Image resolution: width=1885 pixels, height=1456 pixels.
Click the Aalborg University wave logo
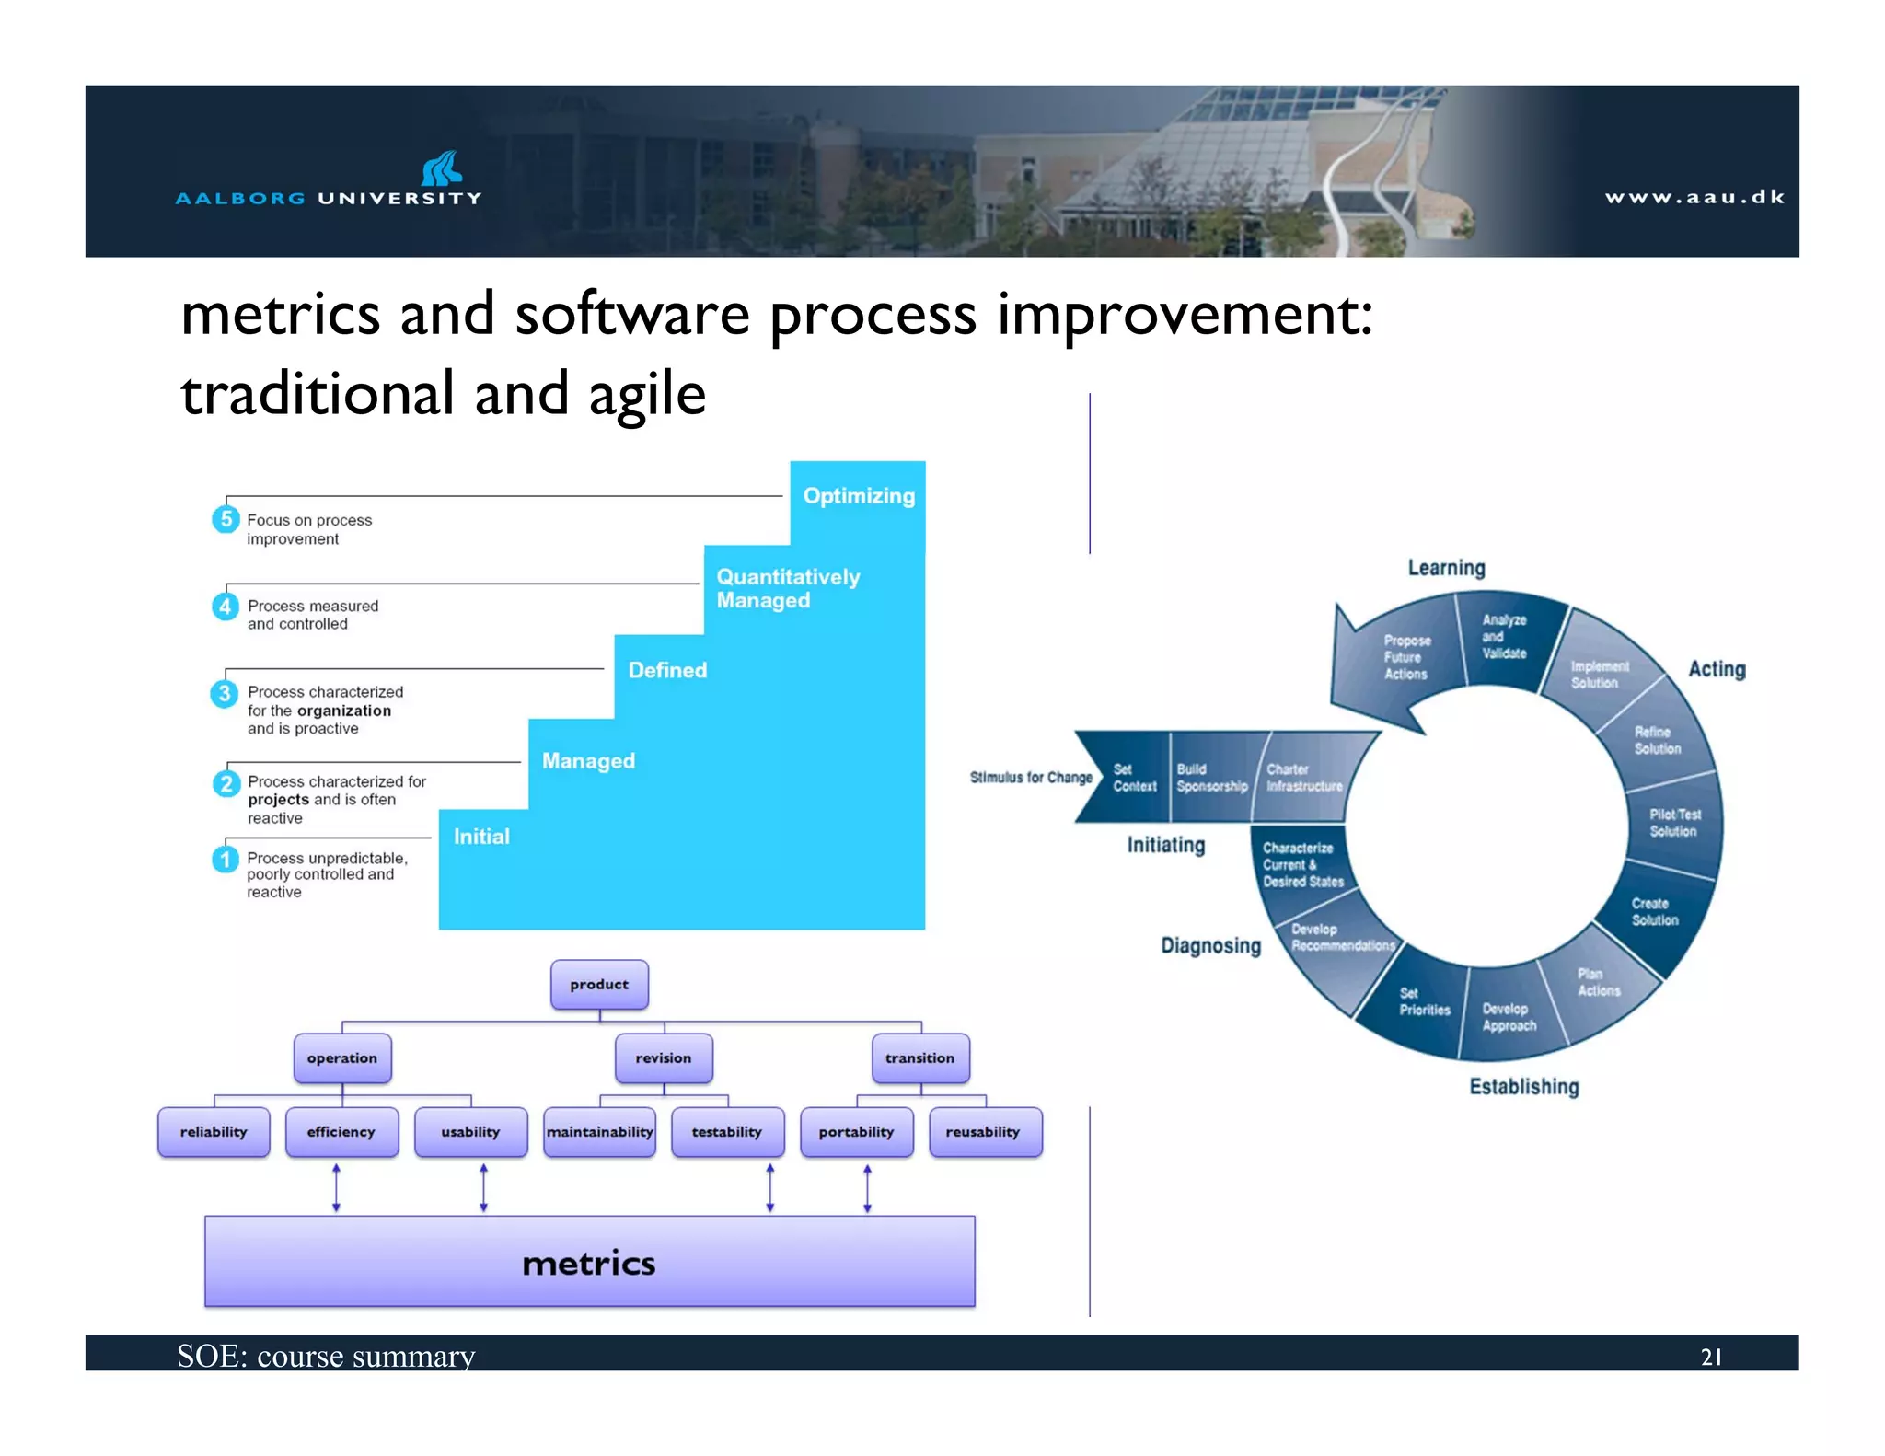[441, 168]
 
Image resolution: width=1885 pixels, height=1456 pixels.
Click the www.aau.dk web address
[1694, 197]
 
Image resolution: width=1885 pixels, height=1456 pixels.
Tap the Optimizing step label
[859, 496]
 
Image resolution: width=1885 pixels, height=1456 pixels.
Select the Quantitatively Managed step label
[788, 588]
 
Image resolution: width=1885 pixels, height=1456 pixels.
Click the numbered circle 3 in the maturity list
[225, 693]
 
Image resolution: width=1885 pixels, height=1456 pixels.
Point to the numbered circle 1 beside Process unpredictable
[225, 859]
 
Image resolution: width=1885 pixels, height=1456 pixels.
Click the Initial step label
[480, 837]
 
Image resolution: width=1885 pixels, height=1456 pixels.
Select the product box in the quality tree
[599, 985]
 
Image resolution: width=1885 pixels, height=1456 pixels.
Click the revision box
[663, 1058]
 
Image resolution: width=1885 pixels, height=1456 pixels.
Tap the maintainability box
[599, 1132]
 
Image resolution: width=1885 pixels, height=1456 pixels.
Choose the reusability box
[983, 1132]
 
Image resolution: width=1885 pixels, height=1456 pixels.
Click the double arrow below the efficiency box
[336, 1187]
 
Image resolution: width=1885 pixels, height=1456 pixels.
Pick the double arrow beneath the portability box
[867, 1187]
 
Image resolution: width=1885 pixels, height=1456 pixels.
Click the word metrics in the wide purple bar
[589, 1264]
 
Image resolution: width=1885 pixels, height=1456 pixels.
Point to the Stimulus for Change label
[1031, 778]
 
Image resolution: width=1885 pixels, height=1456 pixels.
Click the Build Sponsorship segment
[1211, 778]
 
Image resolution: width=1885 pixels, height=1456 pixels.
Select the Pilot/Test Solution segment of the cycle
[1674, 823]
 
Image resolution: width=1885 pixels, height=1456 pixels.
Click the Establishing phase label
[1523, 1087]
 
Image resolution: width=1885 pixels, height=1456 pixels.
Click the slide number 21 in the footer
[1711, 1357]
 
